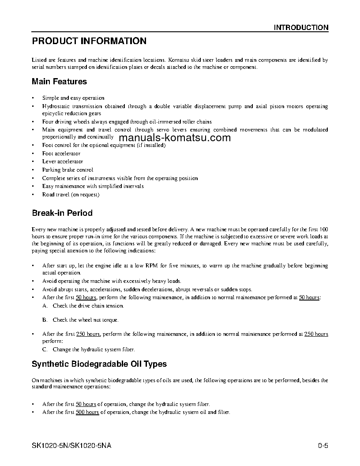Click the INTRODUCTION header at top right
301,27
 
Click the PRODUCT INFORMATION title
89,41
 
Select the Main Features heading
59,82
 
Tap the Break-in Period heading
62,213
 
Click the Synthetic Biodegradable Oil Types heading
99,364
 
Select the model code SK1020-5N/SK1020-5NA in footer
71,445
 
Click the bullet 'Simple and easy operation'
73,98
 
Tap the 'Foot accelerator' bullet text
61,154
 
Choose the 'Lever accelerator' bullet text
63,162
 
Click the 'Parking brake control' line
67,170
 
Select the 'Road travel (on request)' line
71,195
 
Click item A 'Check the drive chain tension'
88,306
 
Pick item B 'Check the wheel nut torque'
85,320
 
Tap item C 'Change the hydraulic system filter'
94,349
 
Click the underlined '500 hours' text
87,412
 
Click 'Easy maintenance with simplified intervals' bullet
93,186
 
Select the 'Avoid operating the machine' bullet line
112,281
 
